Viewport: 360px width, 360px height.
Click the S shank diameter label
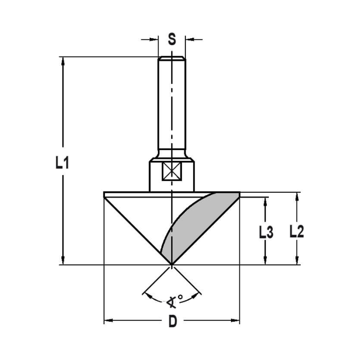click(x=172, y=39)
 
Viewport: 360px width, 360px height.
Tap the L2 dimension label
click(x=297, y=233)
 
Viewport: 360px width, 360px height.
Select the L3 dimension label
click(x=266, y=233)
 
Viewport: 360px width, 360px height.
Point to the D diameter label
click(x=173, y=321)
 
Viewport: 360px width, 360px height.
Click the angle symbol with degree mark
click(x=174, y=301)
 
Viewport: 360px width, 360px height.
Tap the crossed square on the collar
click(x=172, y=171)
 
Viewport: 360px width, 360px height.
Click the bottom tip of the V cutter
click(x=172, y=265)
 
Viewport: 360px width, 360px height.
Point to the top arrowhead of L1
click(x=63, y=60)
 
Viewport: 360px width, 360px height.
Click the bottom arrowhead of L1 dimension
click(x=63, y=261)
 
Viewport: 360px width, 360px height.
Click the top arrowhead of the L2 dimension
click(x=297, y=196)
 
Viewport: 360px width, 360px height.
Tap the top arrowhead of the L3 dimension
click(x=265, y=201)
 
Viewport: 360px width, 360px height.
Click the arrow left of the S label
click(x=155, y=39)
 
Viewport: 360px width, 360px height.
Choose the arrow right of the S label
click(x=189, y=39)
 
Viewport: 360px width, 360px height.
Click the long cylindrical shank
click(x=172, y=104)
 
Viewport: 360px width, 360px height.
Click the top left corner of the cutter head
click(x=104, y=192)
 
